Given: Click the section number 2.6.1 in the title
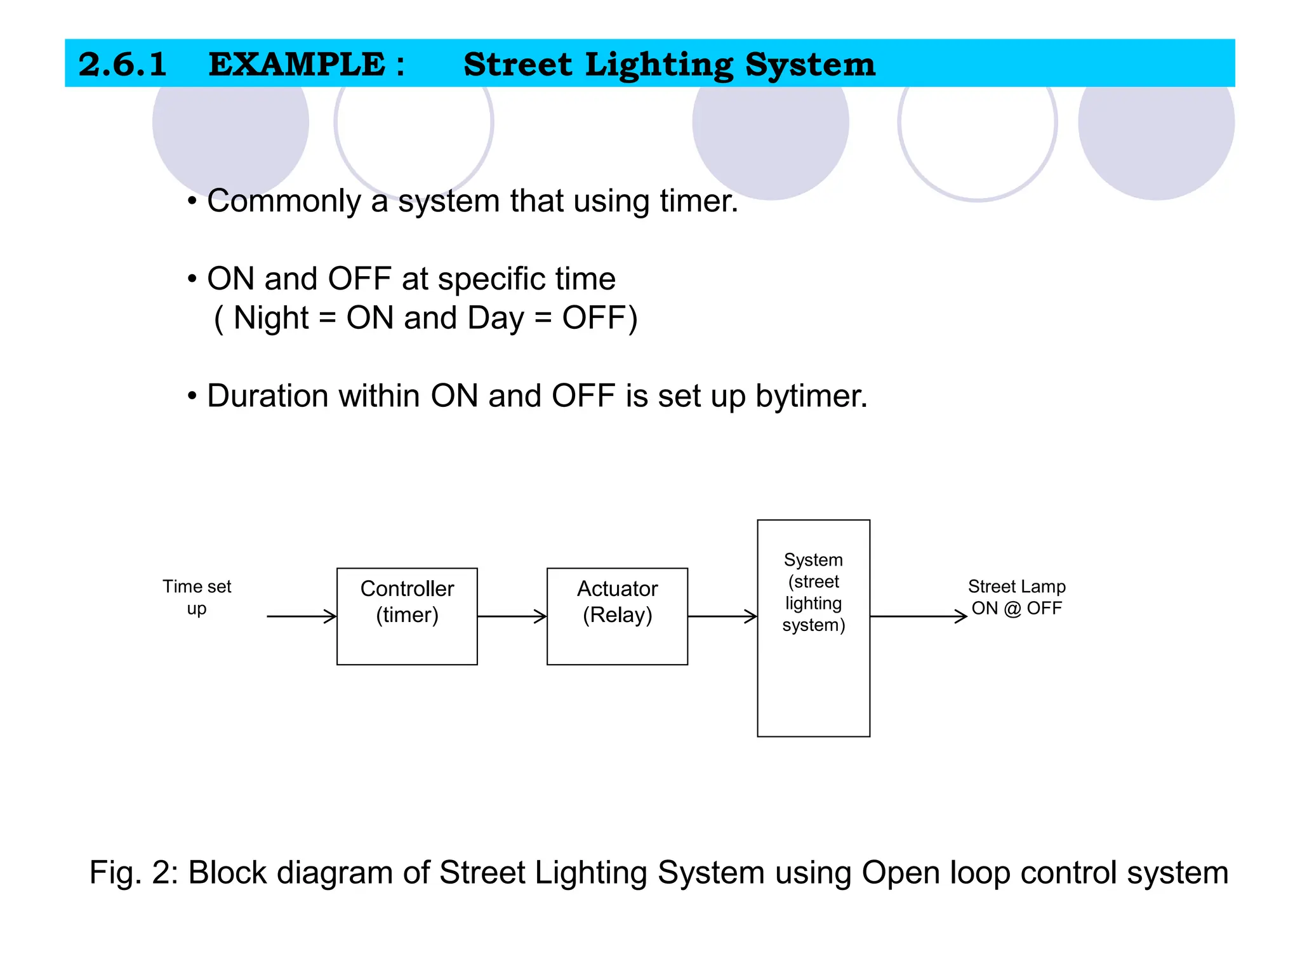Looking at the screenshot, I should pos(123,64).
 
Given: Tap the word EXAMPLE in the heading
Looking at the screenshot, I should pos(297,64).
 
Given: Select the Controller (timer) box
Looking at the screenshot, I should pos(407,616).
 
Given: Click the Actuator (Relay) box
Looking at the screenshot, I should pos(617,616).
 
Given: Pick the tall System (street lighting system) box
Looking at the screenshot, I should pos(813,628).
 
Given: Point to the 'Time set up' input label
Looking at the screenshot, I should pos(197,597).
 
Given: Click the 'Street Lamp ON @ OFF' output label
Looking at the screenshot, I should pos(1016,597).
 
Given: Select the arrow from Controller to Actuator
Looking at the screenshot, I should pos(512,616).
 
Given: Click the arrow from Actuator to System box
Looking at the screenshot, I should pos(722,616).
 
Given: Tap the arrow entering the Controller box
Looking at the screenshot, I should pos(302,616).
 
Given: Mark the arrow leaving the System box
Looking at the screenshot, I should pos(918,616).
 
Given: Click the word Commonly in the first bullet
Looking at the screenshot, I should pos(284,201).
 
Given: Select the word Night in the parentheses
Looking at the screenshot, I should pos(271,318).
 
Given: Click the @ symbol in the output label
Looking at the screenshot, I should pos(1012,608).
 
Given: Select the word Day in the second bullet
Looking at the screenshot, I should pos(494,318).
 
